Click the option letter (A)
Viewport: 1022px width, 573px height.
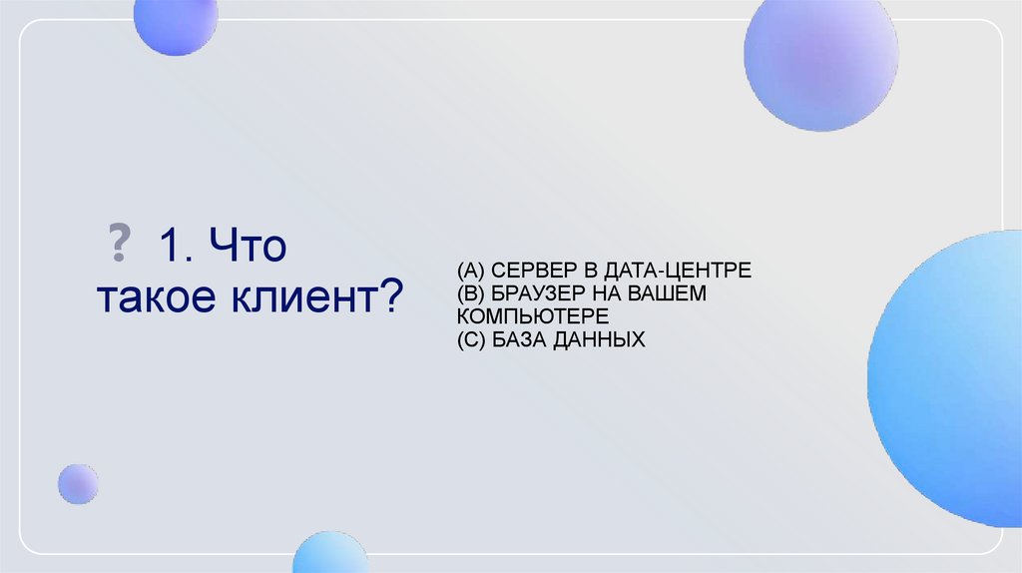470,271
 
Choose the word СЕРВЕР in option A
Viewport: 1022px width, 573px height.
528,271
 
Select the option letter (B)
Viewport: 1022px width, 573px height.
469,293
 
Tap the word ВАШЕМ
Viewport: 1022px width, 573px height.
673,293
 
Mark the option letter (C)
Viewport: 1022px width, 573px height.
470,339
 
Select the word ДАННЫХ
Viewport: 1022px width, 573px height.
599,339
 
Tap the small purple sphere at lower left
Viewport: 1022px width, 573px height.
78,484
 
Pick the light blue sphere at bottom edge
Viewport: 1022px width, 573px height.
330,553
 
